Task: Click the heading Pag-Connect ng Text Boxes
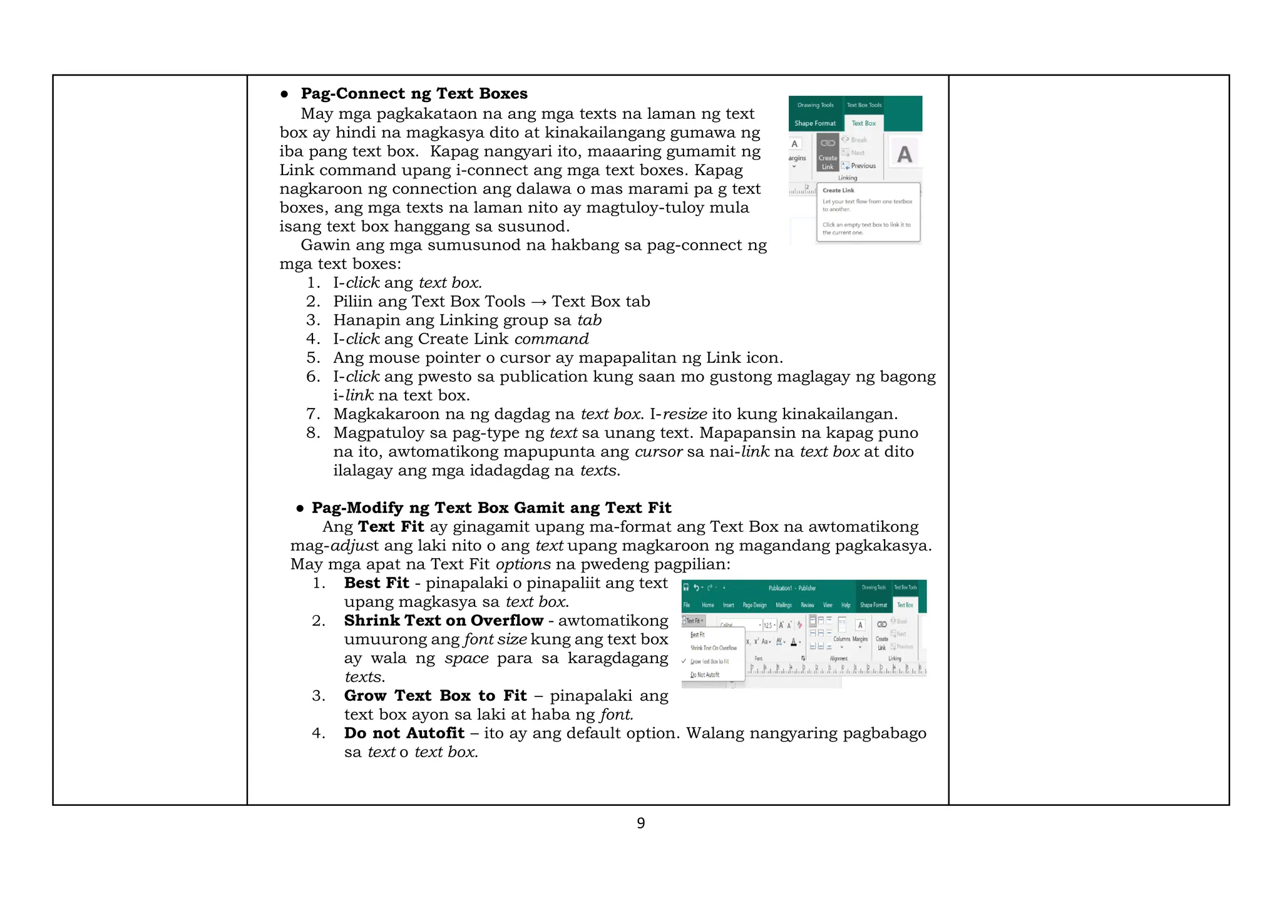click(x=414, y=94)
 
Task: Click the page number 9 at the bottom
click(x=640, y=823)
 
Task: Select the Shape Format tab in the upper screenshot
click(x=815, y=123)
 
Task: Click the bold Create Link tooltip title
click(x=838, y=190)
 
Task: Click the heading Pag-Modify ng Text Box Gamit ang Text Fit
click(x=491, y=507)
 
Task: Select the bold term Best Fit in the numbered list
click(x=376, y=583)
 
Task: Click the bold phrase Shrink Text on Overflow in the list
click(x=443, y=621)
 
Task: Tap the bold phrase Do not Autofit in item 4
click(x=404, y=733)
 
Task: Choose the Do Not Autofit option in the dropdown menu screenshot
click(x=705, y=675)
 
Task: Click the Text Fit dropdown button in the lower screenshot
click(x=694, y=621)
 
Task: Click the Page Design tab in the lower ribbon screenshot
click(x=754, y=605)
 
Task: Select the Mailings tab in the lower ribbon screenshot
click(x=784, y=605)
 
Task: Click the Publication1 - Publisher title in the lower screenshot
click(x=792, y=588)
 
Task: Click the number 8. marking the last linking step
click(x=313, y=433)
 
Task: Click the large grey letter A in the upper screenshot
click(x=904, y=154)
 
